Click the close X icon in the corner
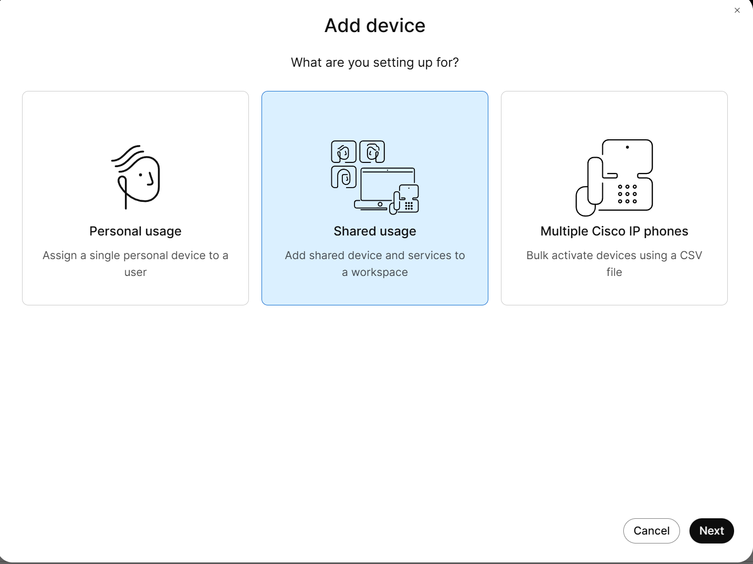(x=737, y=11)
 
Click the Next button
(x=712, y=531)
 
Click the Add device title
(x=375, y=25)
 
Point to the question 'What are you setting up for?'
(x=374, y=63)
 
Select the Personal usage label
(x=135, y=231)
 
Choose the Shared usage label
(x=374, y=231)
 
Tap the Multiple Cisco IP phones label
(x=614, y=231)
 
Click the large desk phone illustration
(x=614, y=178)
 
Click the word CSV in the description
(x=691, y=255)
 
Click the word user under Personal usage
(x=135, y=272)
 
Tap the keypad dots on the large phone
(x=627, y=194)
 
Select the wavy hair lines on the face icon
(x=128, y=157)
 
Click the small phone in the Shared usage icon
(x=404, y=199)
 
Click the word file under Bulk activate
(x=614, y=272)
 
